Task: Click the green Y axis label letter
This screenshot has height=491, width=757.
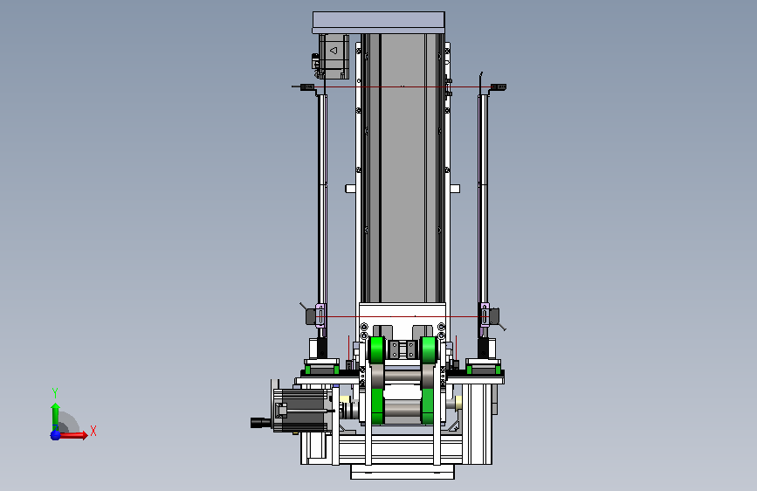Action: click(55, 393)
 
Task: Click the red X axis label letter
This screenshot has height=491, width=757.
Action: click(93, 431)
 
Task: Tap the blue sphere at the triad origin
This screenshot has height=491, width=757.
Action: click(56, 435)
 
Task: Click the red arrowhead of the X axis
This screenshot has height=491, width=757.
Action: click(85, 435)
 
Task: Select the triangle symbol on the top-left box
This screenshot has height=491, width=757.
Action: click(334, 51)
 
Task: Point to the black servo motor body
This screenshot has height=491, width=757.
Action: click(302, 411)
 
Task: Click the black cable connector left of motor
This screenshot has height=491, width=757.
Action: click(261, 423)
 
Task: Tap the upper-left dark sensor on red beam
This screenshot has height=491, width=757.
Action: click(307, 87)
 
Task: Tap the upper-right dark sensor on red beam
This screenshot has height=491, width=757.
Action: click(499, 87)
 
